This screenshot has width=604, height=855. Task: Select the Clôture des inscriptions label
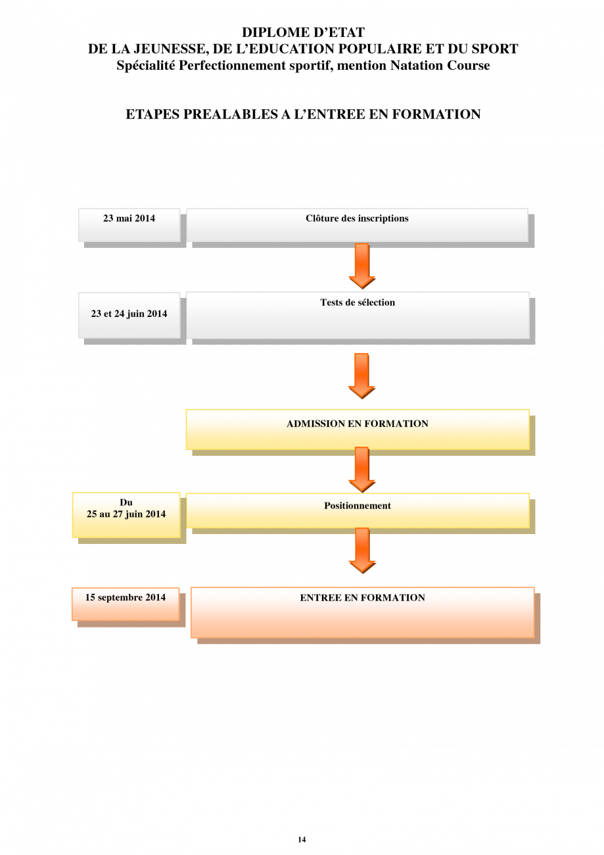[357, 218]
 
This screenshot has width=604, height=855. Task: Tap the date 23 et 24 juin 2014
[129, 314]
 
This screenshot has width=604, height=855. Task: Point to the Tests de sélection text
[358, 303]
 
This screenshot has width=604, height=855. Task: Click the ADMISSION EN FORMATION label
[358, 424]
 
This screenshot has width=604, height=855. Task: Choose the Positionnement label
[358, 506]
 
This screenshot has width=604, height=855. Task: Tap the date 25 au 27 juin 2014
[126, 514]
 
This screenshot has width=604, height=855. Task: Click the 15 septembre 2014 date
[126, 597]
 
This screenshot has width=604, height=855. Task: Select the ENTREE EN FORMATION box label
[363, 598]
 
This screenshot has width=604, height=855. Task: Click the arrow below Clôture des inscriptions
[362, 266]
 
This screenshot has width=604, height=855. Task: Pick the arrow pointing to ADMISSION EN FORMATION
[361, 376]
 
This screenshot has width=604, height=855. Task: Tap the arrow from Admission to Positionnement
[362, 470]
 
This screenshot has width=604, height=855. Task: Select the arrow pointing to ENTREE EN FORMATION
[362, 550]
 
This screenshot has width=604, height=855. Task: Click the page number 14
[302, 839]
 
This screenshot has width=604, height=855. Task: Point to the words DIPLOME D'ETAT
[303, 32]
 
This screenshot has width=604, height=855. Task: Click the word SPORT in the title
[495, 49]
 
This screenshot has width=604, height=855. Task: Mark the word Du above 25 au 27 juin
[126, 502]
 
